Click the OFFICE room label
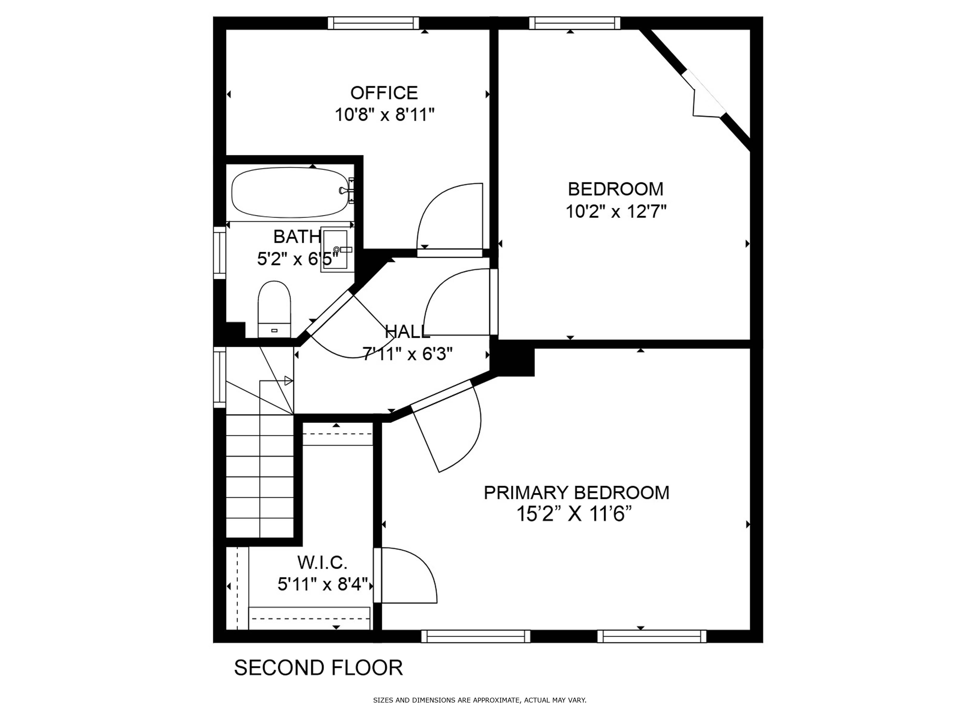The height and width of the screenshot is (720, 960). (x=384, y=93)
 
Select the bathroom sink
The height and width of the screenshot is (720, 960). (x=334, y=250)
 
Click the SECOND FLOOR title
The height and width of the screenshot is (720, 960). (x=318, y=668)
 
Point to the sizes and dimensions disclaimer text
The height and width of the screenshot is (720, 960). (x=480, y=700)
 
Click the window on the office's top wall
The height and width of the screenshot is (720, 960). (x=373, y=23)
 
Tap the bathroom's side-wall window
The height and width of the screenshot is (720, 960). (x=220, y=252)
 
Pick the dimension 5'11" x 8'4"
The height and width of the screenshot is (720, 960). (x=323, y=585)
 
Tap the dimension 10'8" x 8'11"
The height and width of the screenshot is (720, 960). (x=384, y=115)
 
